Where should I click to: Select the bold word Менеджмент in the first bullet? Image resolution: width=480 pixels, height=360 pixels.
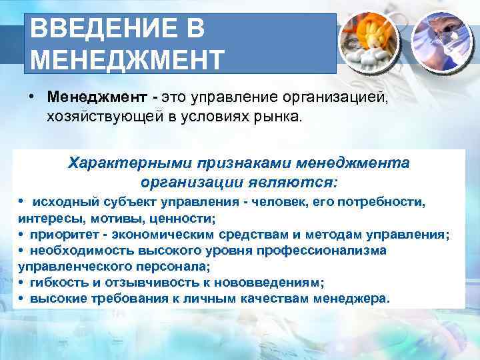(97, 97)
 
